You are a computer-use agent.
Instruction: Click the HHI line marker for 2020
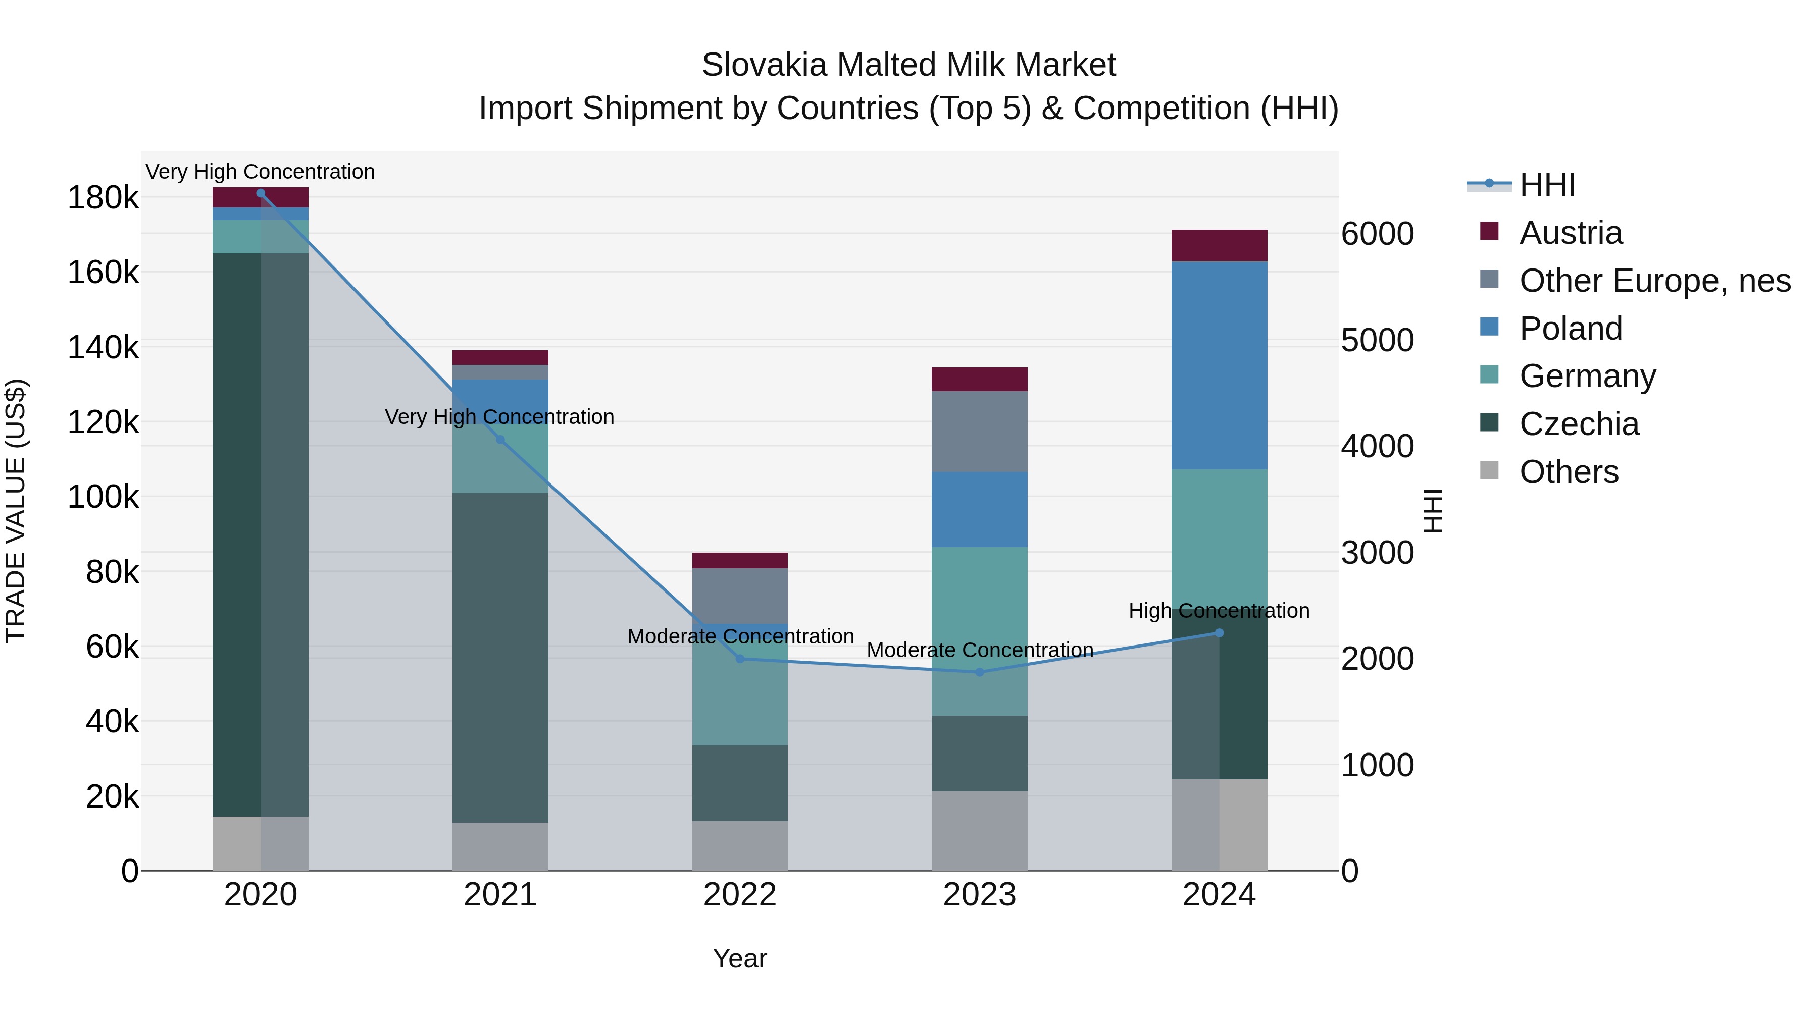[x=261, y=193]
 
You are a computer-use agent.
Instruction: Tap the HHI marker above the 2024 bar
[x=1219, y=633]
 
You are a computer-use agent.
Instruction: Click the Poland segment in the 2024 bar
[x=1219, y=365]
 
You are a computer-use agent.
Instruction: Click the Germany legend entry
[x=1587, y=376]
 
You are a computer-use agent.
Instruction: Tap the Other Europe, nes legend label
[x=1654, y=281]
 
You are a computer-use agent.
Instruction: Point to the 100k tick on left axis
[x=103, y=497]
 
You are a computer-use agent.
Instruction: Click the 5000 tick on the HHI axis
[x=1377, y=341]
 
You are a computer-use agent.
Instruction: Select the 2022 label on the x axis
[x=740, y=895]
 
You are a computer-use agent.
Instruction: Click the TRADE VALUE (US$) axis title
[x=16, y=511]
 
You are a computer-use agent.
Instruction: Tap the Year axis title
[x=740, y=958]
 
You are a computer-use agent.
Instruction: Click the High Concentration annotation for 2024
[x=1219, y=611]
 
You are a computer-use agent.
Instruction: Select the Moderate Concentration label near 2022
[x=740, y=636]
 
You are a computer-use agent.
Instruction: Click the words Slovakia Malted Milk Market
[x=908, y=65]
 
